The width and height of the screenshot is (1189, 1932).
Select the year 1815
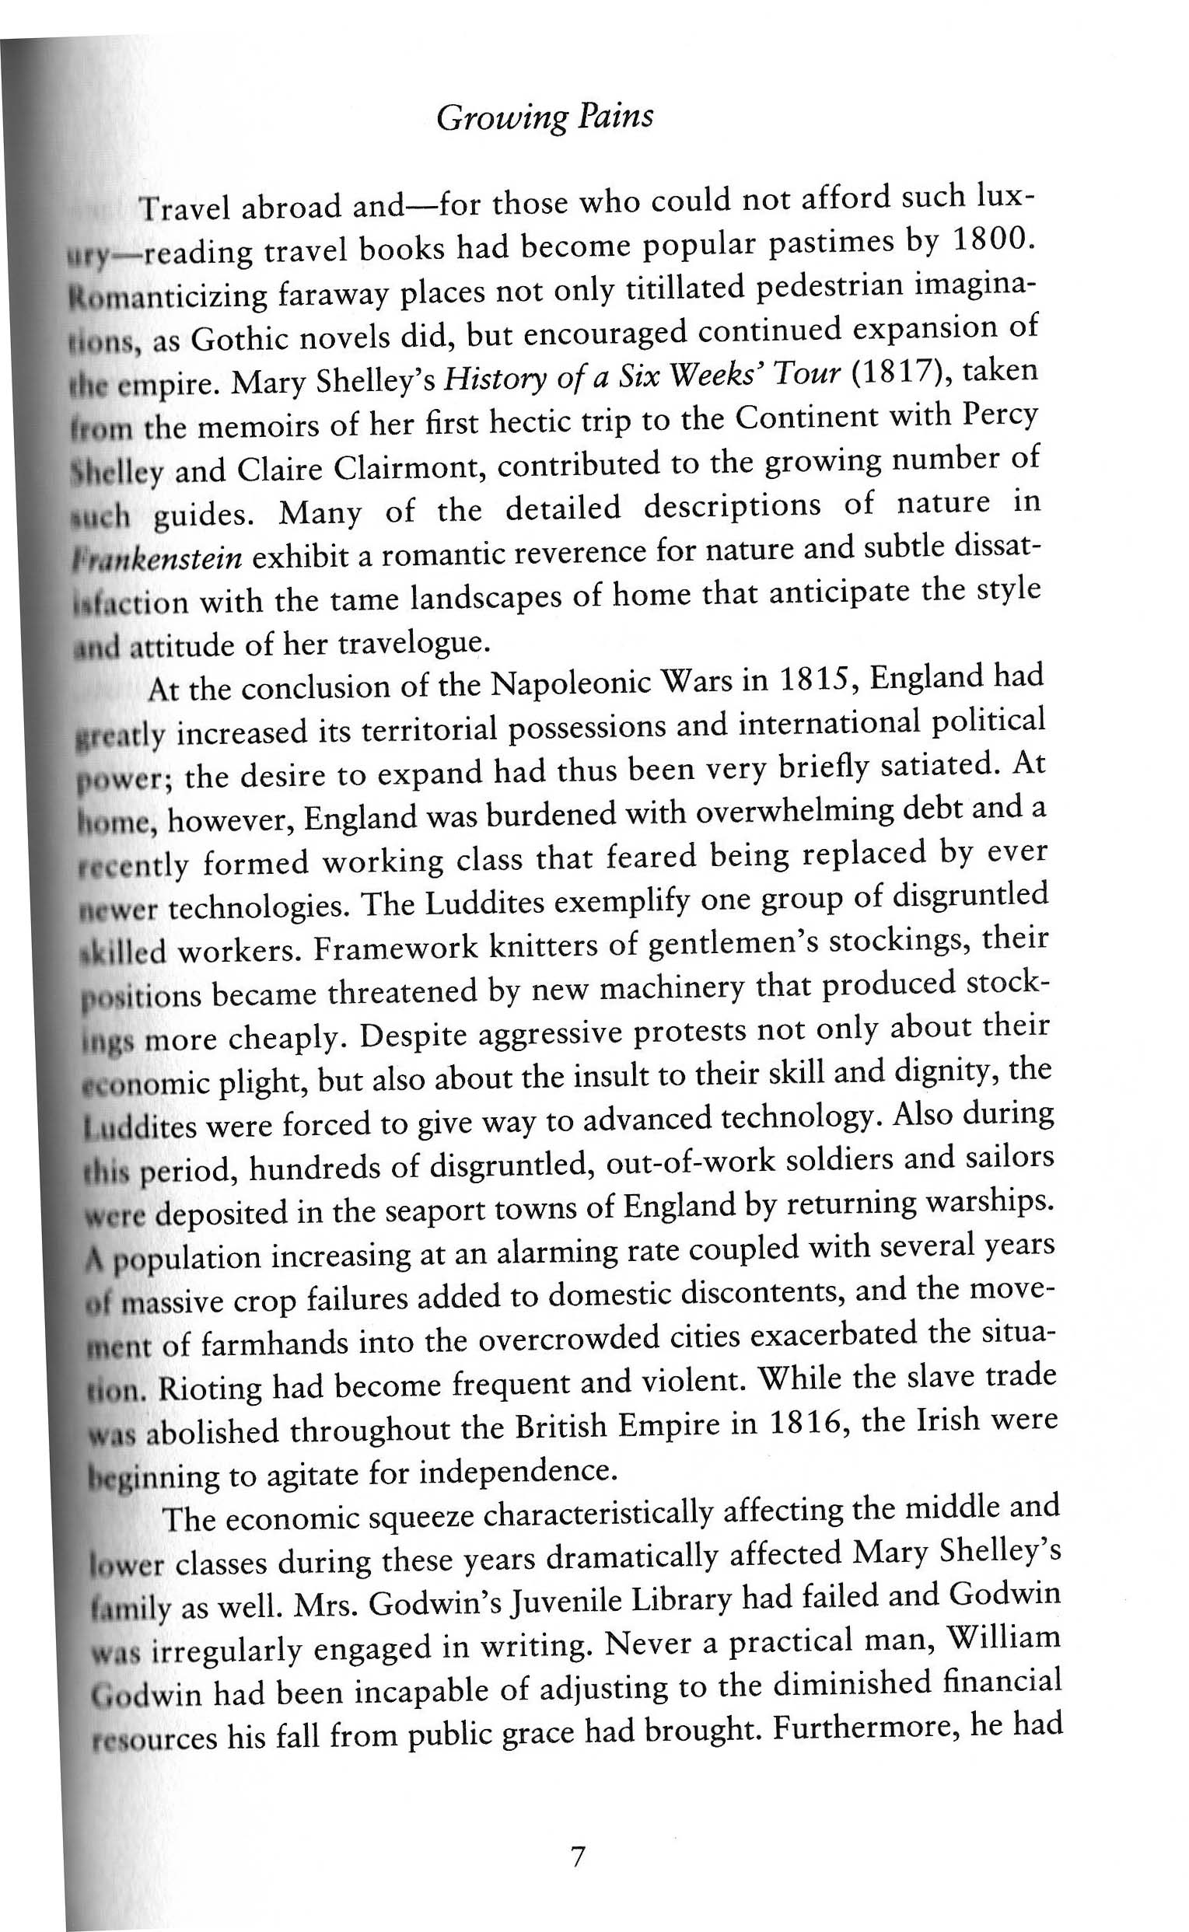[817, 679]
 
